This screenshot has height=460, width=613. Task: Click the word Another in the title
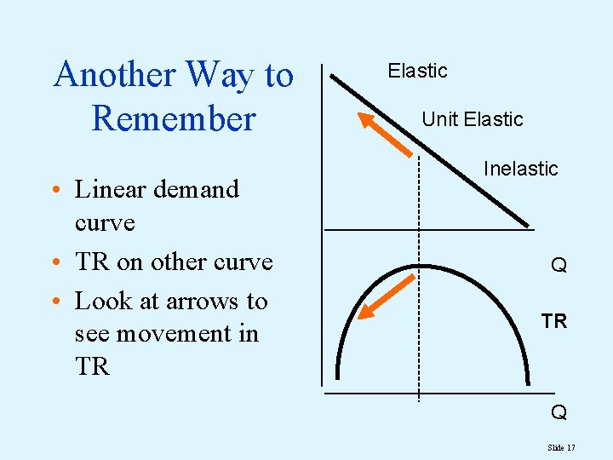click(114, 75)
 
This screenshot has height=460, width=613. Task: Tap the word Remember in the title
click(173, 118)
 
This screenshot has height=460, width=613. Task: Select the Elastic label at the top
click(417, 71)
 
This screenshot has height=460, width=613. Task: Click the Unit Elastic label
click(472, 119)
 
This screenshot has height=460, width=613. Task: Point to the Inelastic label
click(520, 169)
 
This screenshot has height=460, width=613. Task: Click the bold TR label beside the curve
click(554, 321)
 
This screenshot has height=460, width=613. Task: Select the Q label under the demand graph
click(559, 266)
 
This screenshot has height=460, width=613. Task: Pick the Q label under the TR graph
click(559, 413)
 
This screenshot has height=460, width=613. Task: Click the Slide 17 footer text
click(562, 447)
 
